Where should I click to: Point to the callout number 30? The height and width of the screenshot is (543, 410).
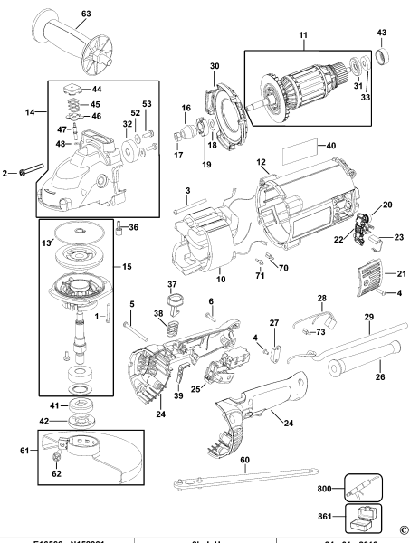click(215, 66)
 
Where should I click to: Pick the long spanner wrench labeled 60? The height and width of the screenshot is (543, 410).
click(243, 477)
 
